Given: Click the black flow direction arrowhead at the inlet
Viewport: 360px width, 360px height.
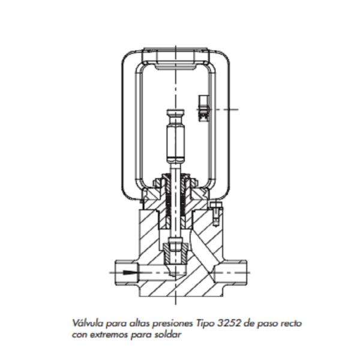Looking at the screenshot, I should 128,271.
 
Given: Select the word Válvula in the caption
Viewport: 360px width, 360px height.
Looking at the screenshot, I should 85,323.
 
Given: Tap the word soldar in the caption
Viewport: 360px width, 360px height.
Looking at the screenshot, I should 168,334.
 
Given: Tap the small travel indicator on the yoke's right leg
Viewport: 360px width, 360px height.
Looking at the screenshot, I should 203,107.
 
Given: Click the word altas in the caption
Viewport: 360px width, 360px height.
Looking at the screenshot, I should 141,323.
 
